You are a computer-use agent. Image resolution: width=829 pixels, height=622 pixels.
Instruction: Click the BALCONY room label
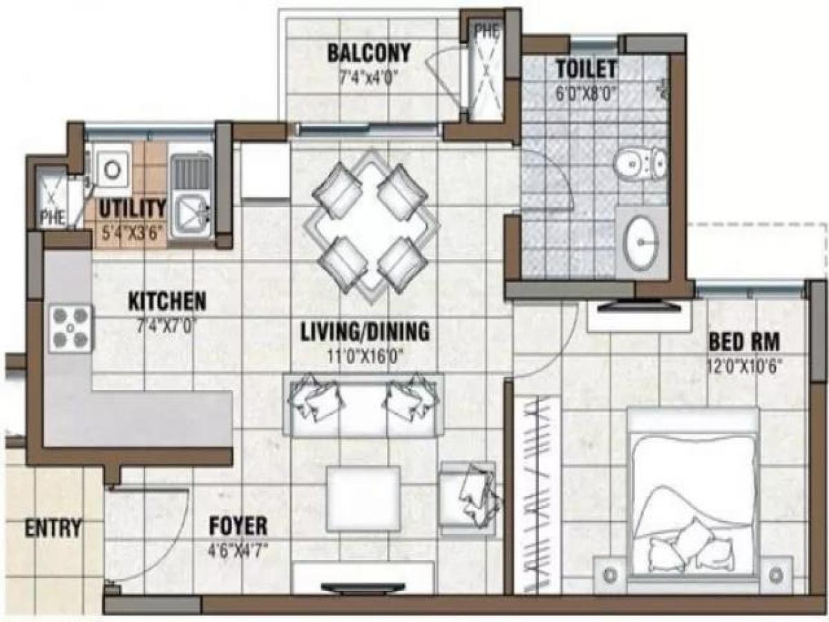[x=369, y=53]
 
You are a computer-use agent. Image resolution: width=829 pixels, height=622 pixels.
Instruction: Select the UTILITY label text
[x=131, y=208]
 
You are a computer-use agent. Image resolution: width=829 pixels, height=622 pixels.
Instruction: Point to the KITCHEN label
[x=167, y=301]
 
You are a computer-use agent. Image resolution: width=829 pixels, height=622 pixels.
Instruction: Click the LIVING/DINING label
[x=365, y=332]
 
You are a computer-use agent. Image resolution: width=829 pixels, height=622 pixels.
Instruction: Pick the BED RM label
[x=743, y=341]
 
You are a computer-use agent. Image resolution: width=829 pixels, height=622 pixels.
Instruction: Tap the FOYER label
[x=238, y=527]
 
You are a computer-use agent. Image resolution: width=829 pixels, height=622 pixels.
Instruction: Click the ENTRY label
[x=53, y=528]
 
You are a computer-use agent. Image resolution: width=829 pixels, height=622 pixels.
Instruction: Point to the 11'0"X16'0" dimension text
[x=365, y=357]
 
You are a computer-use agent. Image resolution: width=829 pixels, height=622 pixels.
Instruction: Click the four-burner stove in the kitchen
[x=71, y=328]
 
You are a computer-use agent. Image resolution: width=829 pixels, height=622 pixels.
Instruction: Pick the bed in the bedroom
[x=692, y=493]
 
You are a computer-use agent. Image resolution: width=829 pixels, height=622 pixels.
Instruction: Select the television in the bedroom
[x=640, y=305]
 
